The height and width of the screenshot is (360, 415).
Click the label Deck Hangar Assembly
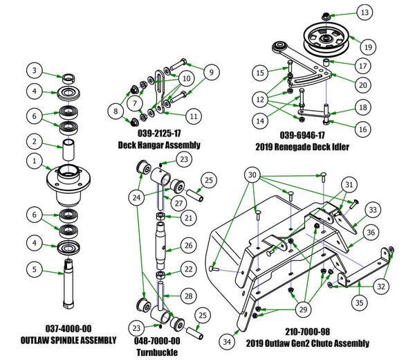coord(160,145)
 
